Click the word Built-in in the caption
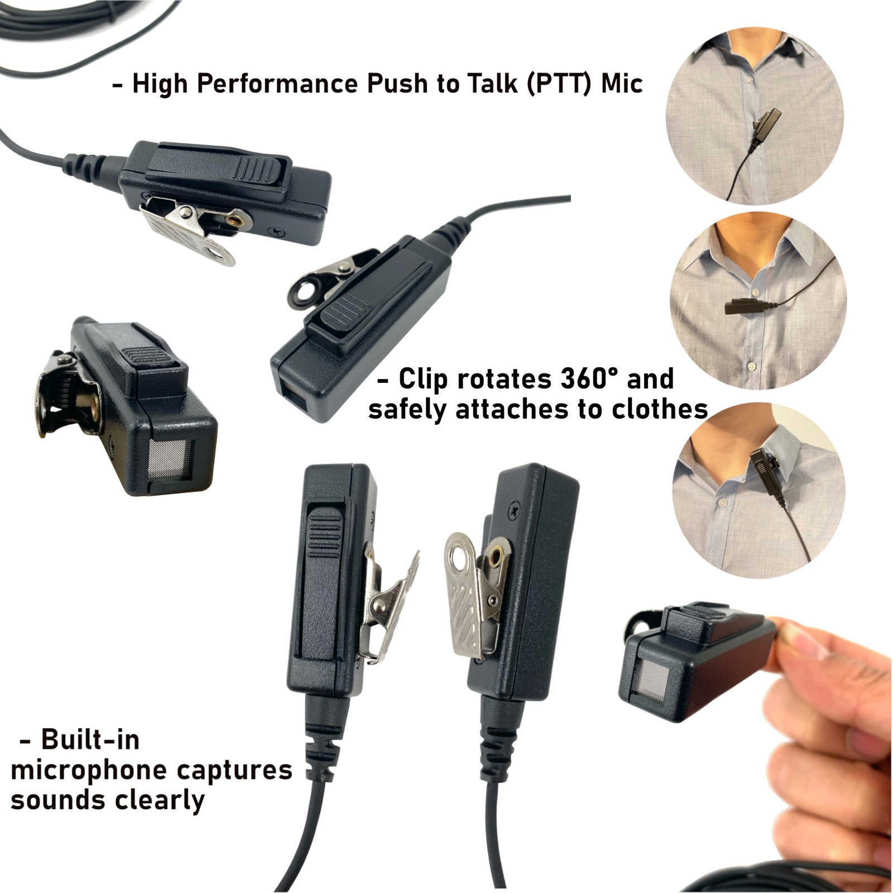(90, 740)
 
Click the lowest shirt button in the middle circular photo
(752, 365)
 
